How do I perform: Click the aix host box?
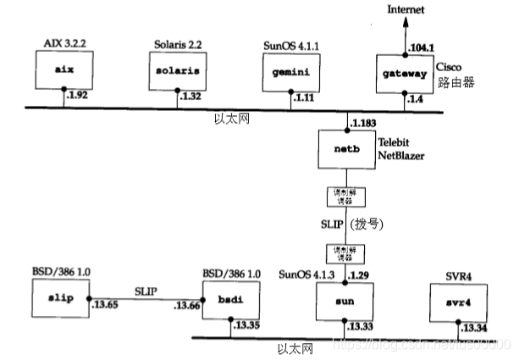pos(63,71)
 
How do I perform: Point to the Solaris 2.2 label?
pos(176,42)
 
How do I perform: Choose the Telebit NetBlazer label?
pos(400,151)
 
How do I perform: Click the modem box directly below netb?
pos(341,197)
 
